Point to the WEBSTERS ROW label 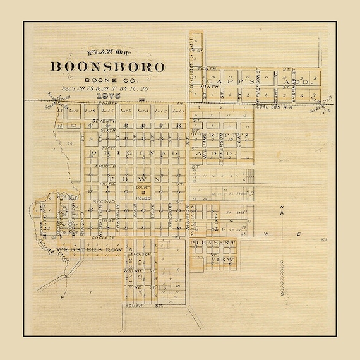pos(88,251)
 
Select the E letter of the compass pos(301,234)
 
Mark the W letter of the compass pos(266,234)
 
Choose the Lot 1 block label pos(177,111)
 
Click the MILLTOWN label pos(44,218)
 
